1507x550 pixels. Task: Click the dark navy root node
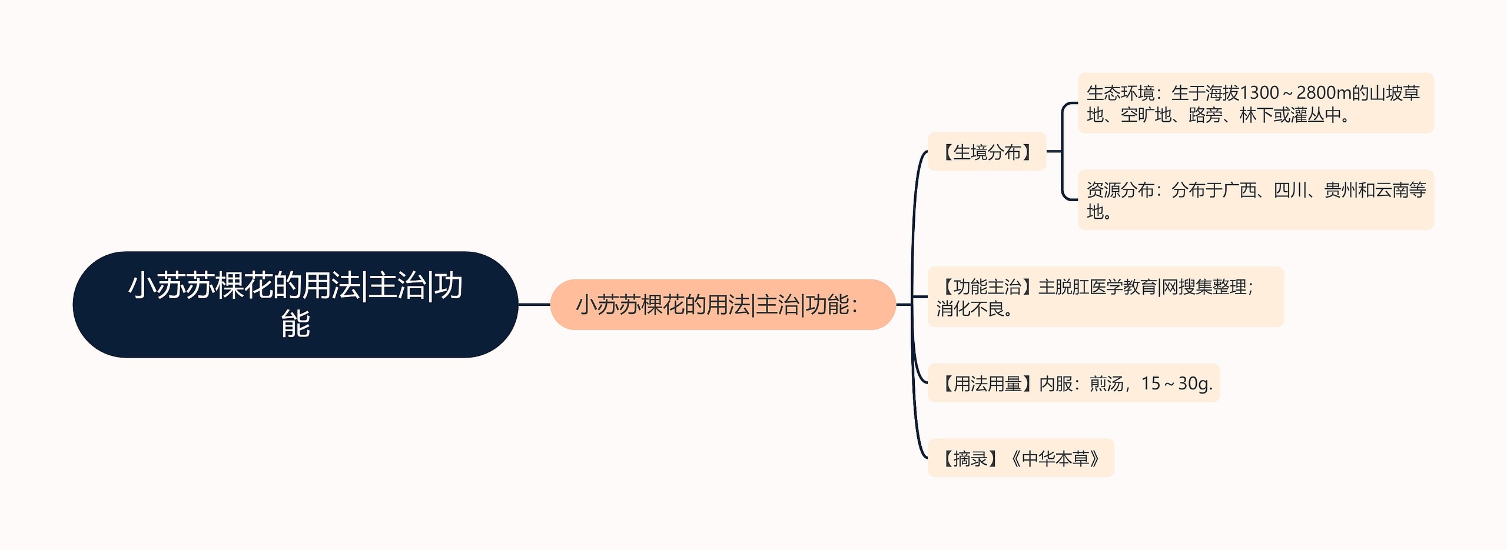click(295, 304)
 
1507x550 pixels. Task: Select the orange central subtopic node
click(722, 305)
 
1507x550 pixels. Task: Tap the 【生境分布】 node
click(987, 152)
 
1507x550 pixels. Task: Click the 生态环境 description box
click(1255, 103)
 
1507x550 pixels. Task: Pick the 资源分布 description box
click(1255, 200)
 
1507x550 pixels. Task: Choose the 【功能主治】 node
click(1105, 296)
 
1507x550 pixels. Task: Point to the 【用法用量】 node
click(1073, 383)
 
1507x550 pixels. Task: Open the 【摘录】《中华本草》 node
click(1020, 458)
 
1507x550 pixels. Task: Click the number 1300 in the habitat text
click(1259, 93)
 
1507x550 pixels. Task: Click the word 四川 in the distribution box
click(1290, 190)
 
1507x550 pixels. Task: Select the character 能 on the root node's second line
click(296, 324)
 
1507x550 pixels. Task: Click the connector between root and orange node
click(534, 305)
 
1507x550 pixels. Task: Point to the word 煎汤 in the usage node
click(1106, 384)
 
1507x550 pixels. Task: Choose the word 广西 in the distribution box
click(1239, 190)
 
